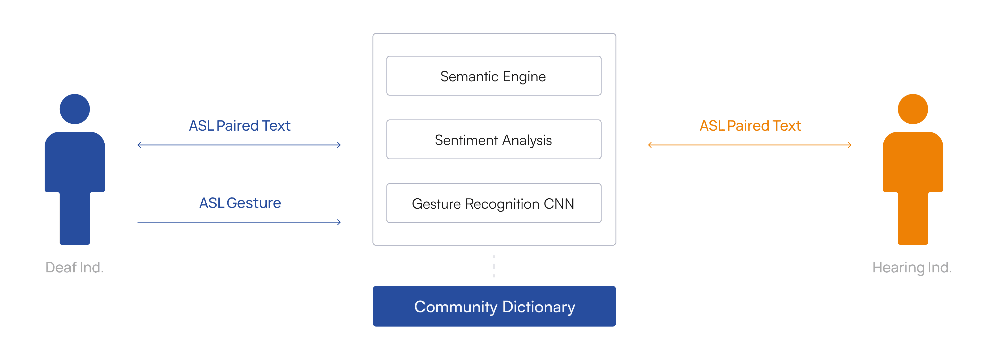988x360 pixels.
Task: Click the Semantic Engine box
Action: point(494,76)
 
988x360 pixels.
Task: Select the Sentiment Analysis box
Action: point(494,140)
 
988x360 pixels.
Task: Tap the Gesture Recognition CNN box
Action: point(494,203)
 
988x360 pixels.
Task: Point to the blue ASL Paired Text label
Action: point(240,126)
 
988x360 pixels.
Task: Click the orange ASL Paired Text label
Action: point(750,126)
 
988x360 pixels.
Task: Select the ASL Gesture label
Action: point(240,203)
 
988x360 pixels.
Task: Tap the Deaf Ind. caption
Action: point(74,268)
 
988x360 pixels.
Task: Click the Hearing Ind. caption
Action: point(912,268)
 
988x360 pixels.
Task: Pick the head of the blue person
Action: point(75,109)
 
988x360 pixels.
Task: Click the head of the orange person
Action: point(913,109)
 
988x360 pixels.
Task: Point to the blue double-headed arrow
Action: point(239,145)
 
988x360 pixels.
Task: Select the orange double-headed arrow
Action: point(750,145)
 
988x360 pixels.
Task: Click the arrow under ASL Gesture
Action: point(239,222)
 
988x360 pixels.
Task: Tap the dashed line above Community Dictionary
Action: point(494,266)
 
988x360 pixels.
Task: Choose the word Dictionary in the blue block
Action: point(539,307)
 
